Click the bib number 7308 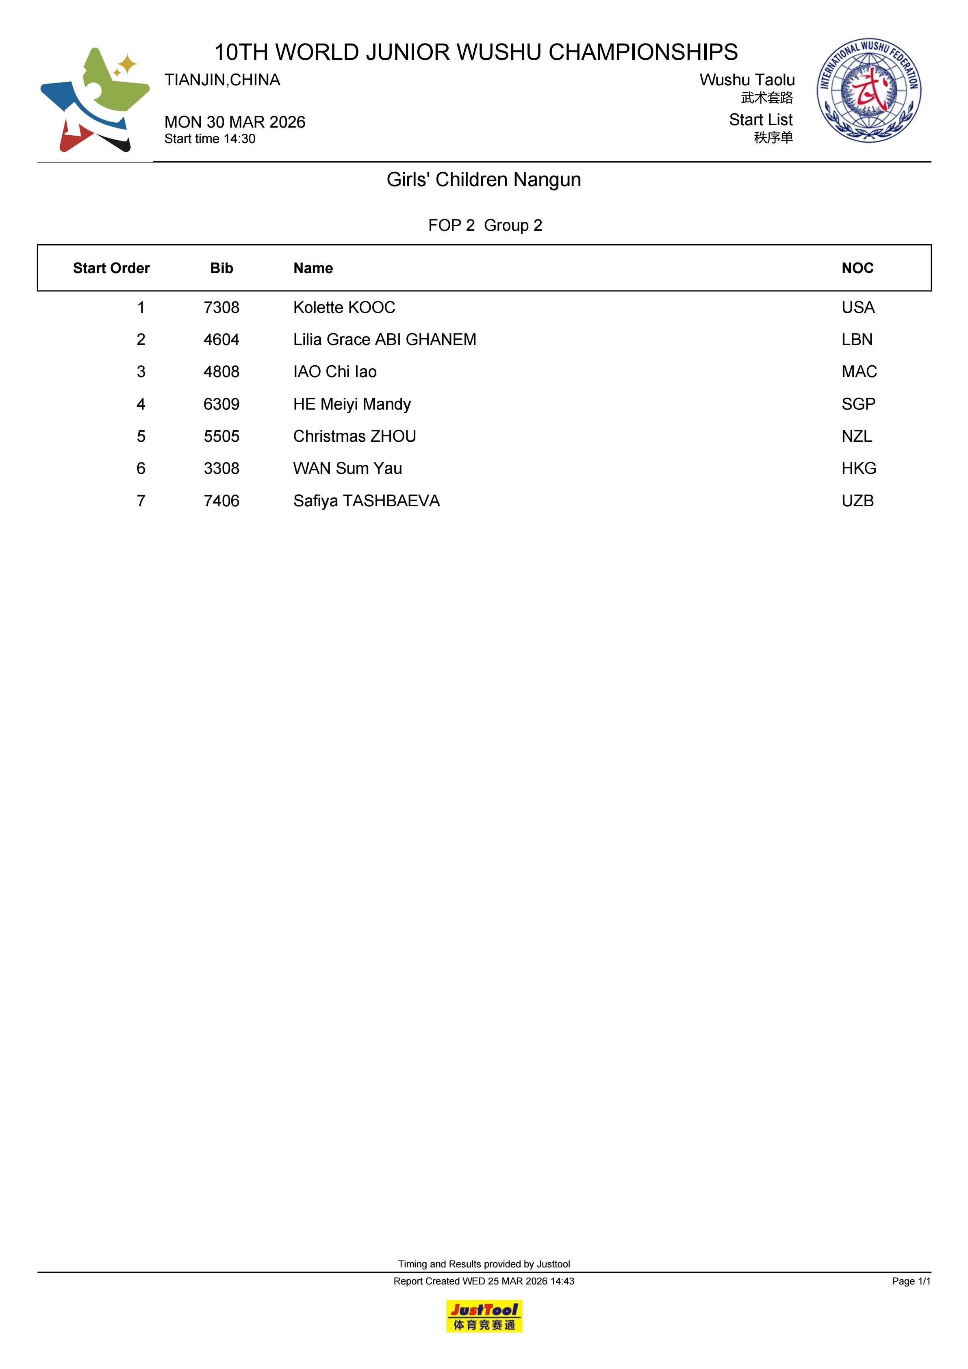pyautogui.click(x=221, y=307)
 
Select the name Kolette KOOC pyautogui.click(x=344, y=307)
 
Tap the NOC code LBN pyautogui.click(x=857, y=339)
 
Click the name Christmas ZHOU pyautogui.click(x=354, y=436)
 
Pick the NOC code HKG pyautogui.click(x=858, y=468)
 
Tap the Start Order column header pyautogui.click(x=111, y=268)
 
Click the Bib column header pyautogui.click(x=221, y=268)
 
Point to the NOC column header pyautogui.click(x=857, y=268)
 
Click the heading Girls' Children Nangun pyautogui.click(x=484, y=180)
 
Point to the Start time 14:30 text pyautogui.click(x=210, y=139)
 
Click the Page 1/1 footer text pyautogui.click(x=911, y=1281)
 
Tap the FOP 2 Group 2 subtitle pyautogui.click(x=485, y=226)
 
